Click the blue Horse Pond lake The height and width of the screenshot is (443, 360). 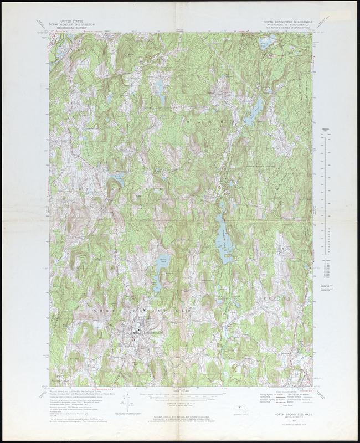[160, 271]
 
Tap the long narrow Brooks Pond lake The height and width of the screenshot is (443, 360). [223, 233]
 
